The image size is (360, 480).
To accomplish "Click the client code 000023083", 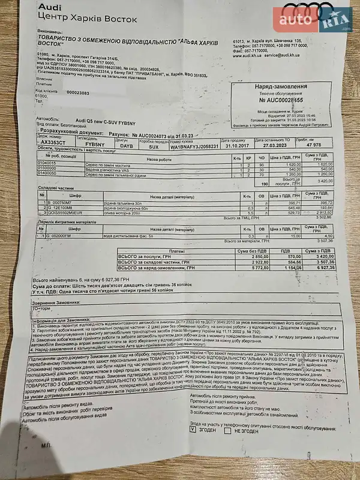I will [78, 92].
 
